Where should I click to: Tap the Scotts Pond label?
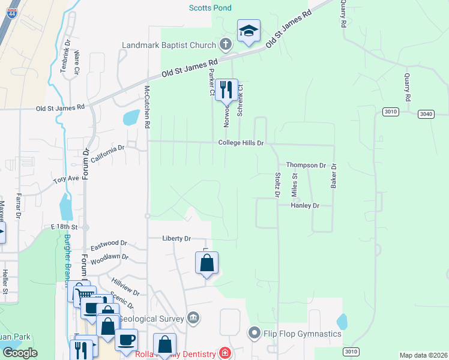pyautogui.click(x=210, y=8)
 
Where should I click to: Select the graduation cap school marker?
pyautogui.click(x=249, y=31)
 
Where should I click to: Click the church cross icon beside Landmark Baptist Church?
pyautogui.click(x=226, y=44)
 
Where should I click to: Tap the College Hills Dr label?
pyautogui.click(x=241, y=143)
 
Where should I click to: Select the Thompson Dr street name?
pyautogui.click(x=306, y=165)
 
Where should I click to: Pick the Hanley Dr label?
pyautogui.click(x=304, y=205)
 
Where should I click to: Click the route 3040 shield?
pyautogui.click(x=426, y=113)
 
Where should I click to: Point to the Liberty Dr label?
pyautogui.click(x=176, y=238)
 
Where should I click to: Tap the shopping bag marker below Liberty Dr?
pyautogui.click(x=206, y=263)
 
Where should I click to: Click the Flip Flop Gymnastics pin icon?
pyautogui.click(x=255, y=332)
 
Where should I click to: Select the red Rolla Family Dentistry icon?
pyautogui.click(x=224, y=353)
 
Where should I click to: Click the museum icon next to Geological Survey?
pyautogui.click(x=193, y=317)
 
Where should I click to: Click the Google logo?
pyautogui.click(x=20, y=353)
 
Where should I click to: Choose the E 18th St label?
pyautogui.click(x=65, y=227)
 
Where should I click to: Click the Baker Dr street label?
pyautogui.click(x=333, y=176)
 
